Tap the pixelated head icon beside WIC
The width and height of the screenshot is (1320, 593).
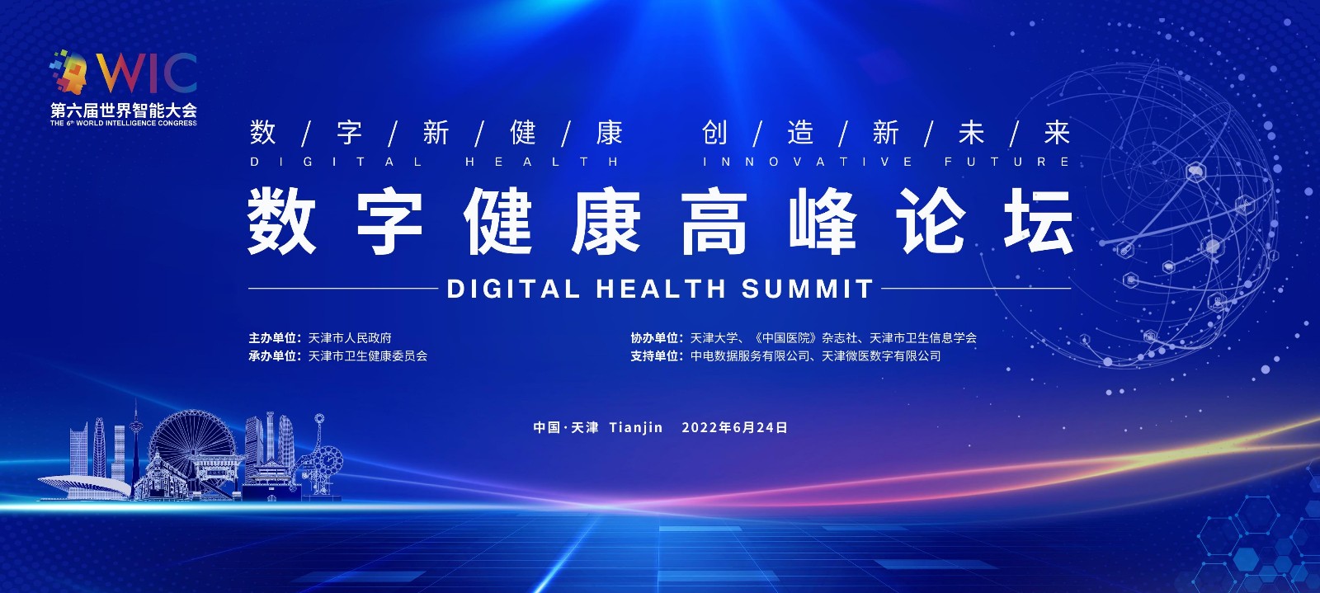[x=69, y=71]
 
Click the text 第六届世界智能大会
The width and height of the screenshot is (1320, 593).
[x=124, y=111]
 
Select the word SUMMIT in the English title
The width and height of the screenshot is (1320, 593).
[x=807, y=289]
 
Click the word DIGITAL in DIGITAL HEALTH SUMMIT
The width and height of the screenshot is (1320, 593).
[x=513, y=289]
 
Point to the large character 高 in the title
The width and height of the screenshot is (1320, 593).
[x=714, y=221]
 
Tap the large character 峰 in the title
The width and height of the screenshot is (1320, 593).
[x=823, y=221]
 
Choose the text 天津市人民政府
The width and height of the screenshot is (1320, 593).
[x=350, y=338]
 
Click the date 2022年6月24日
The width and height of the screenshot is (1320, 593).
[x=735, y=427]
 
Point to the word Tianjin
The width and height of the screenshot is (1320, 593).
[x=636, y=427]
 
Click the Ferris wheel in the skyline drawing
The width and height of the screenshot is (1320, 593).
[x=193, y=448]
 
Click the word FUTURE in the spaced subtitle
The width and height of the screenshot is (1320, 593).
[x=1007, y=162]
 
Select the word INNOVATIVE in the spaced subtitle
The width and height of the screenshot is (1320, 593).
[x=808, y=162]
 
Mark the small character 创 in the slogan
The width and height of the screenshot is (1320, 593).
[x=714, y=132]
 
